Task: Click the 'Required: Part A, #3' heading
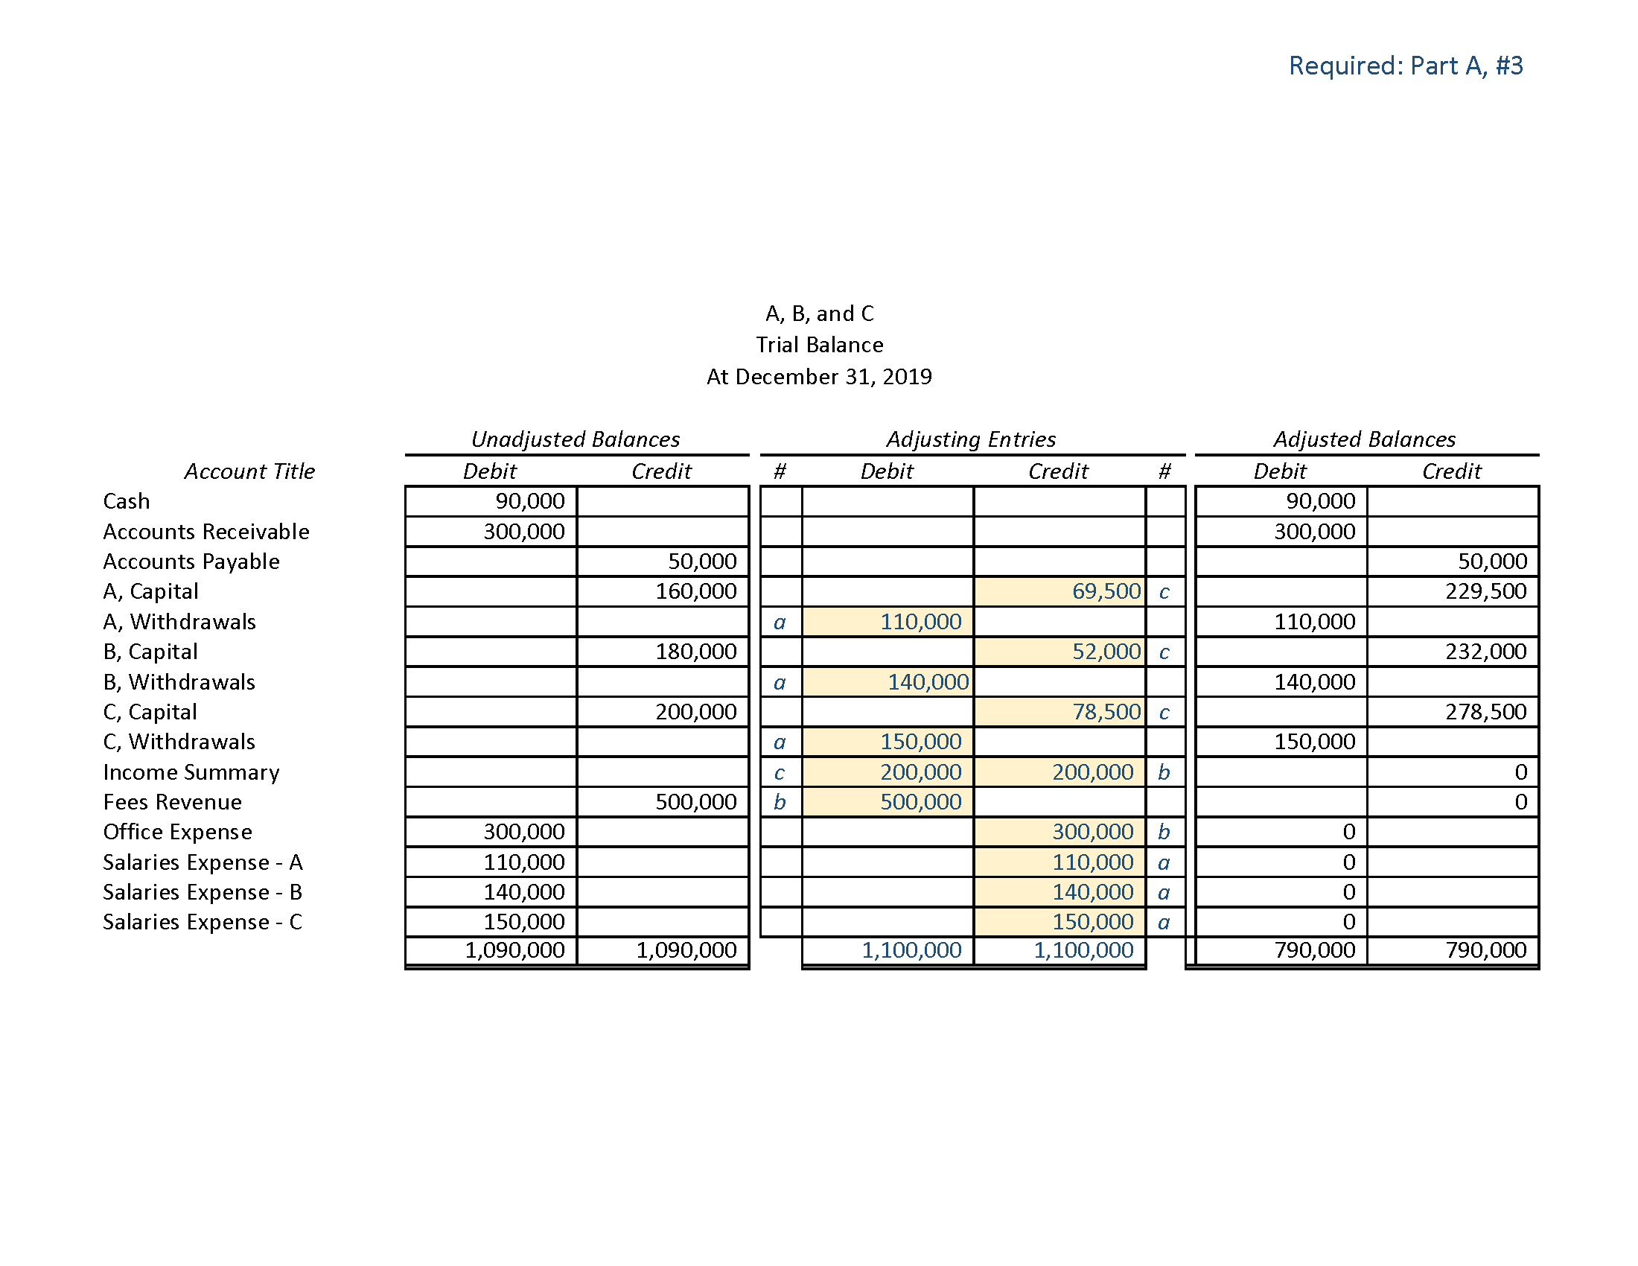1406,66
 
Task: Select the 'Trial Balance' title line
819,345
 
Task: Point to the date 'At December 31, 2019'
819,377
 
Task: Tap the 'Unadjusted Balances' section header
576,439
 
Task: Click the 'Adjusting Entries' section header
970,439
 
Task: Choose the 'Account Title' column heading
249,471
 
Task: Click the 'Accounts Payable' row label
191,562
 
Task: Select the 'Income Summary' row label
191,772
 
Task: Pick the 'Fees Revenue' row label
173,803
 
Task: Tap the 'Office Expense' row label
178,833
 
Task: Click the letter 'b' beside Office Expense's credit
1164,833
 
